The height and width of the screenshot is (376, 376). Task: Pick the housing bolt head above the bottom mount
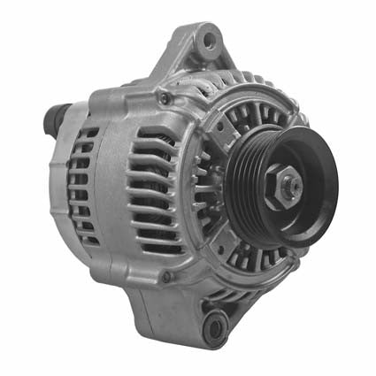[x=166, y=277]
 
